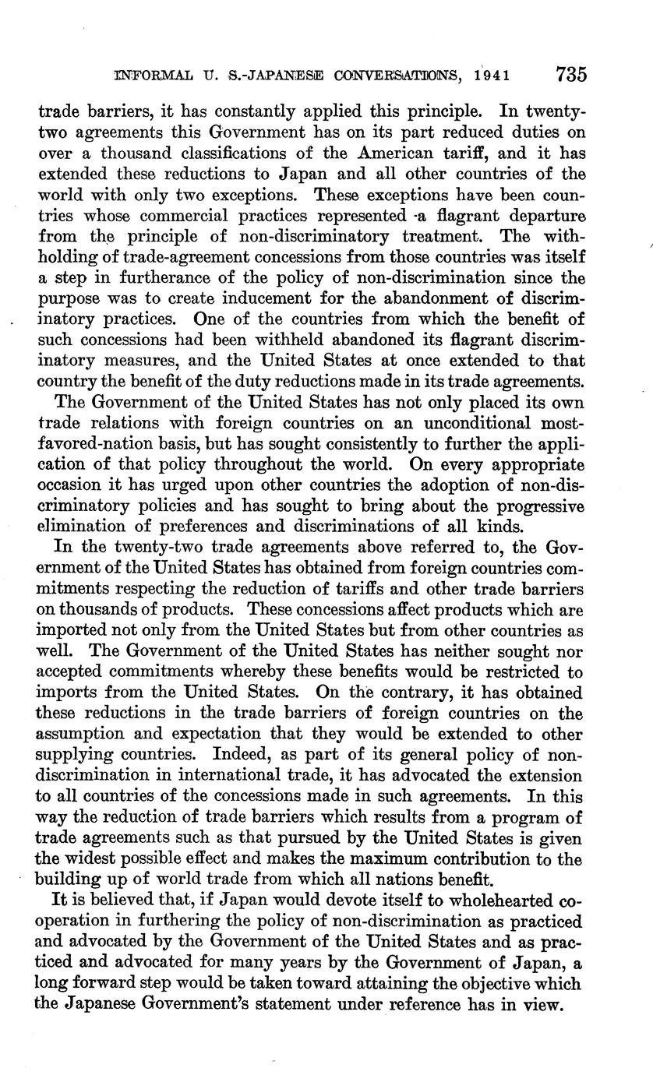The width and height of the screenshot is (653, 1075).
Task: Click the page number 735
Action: [571, 75]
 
